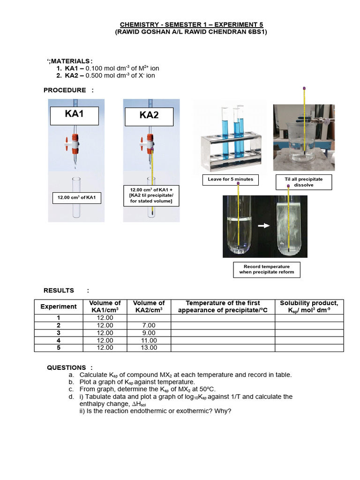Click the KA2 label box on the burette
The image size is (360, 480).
point(149,115)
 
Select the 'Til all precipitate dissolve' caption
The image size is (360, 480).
point(304,182)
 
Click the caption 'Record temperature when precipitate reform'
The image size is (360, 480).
point(266,270)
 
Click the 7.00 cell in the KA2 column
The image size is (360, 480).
point(149,325)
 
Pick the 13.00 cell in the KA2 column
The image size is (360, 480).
point(149,348)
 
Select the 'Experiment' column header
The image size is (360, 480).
point(58,307)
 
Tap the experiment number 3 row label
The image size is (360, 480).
point(58,333)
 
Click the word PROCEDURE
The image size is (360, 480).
point(65,90)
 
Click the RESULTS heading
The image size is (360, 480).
point(59,291)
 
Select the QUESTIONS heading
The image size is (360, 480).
point(66,367)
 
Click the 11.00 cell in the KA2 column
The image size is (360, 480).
point(149,340)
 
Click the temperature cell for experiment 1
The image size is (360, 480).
point(223,318)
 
